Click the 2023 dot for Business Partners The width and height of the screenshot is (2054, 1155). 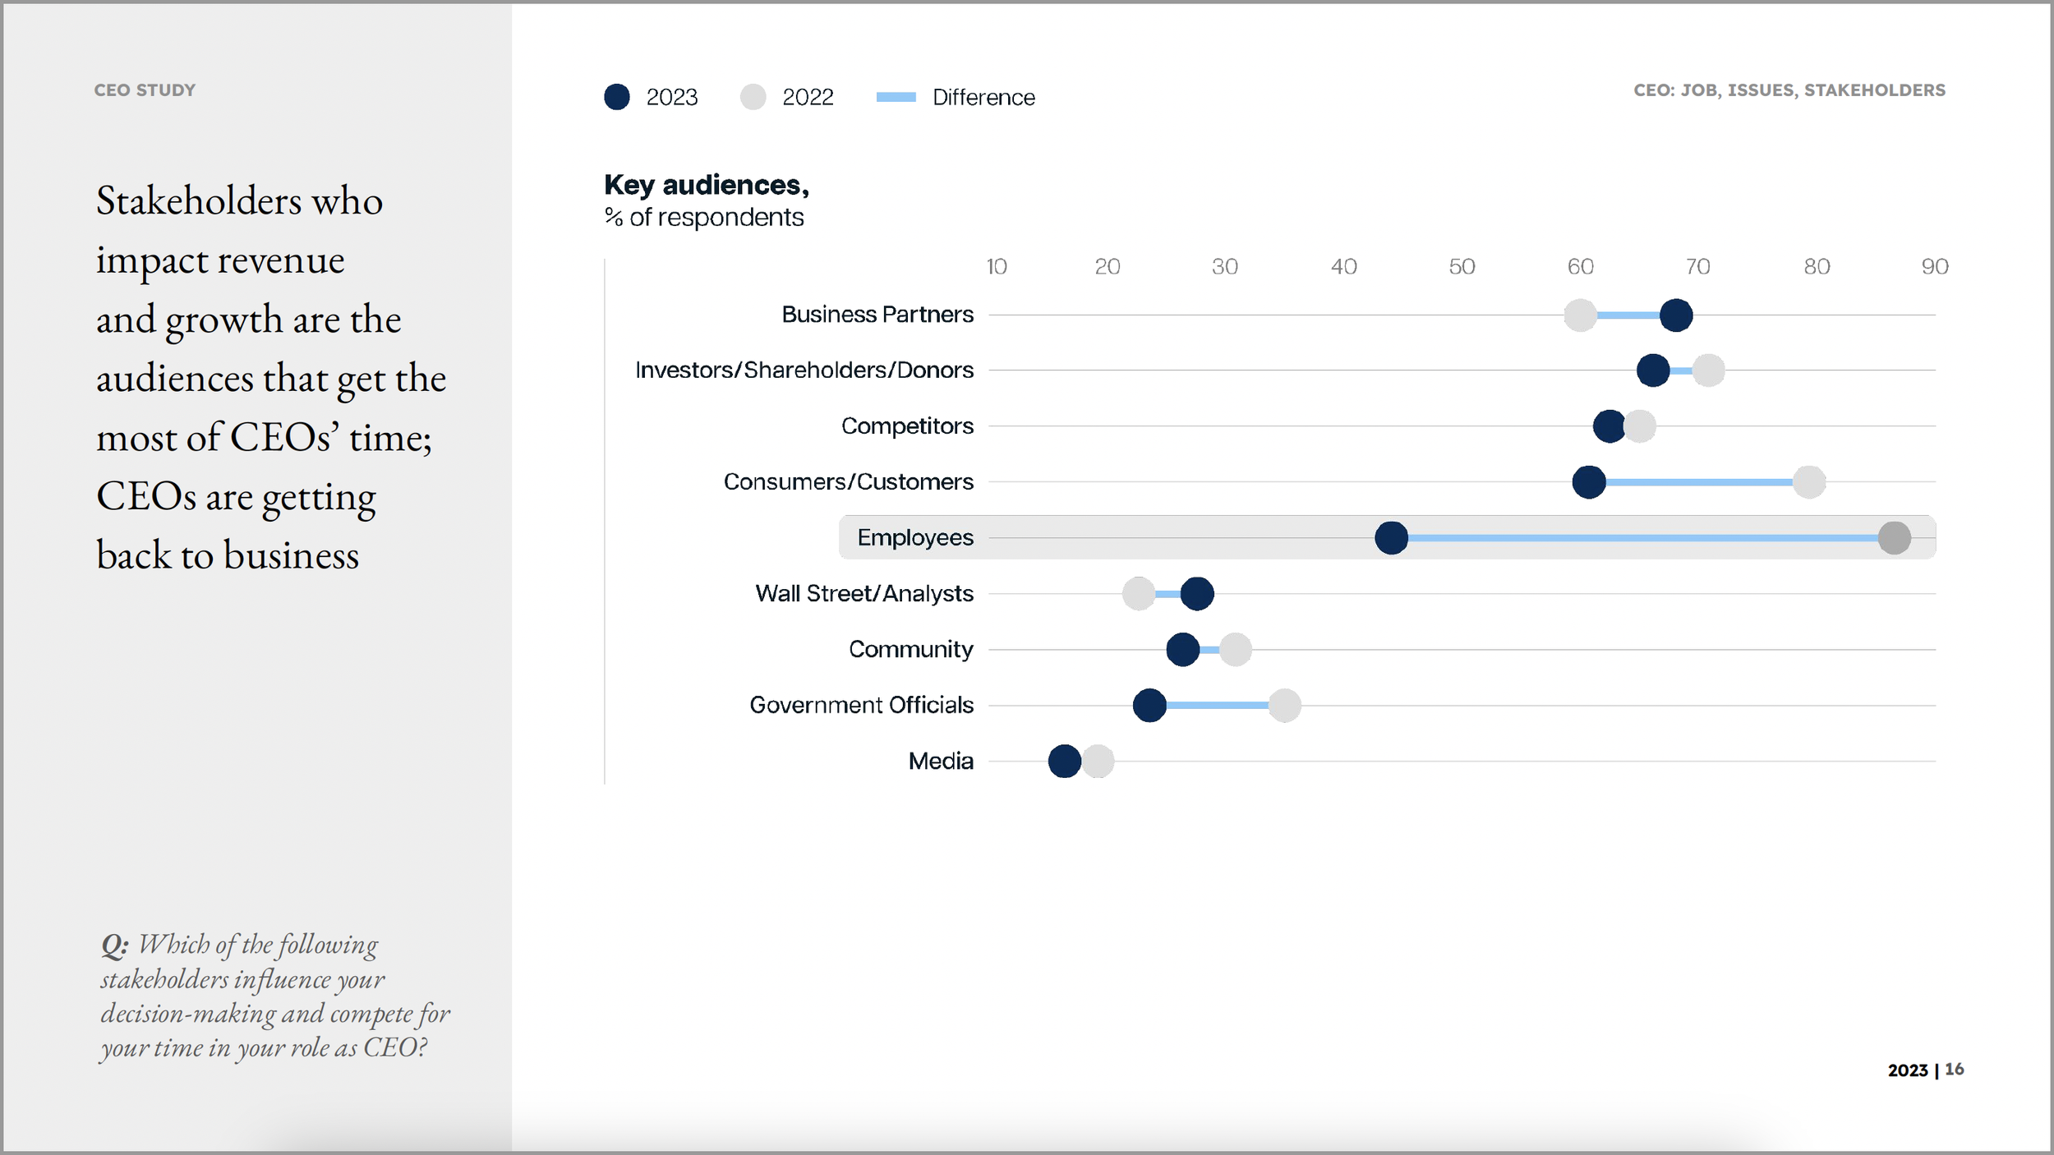click(1675, 315)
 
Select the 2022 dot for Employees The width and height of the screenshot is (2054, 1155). click(1894, 538)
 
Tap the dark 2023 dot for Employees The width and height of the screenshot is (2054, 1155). click(1391, 538)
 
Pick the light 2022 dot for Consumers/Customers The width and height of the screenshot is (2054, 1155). click(1809, 482)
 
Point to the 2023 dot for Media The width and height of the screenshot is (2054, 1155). click(1064, 762)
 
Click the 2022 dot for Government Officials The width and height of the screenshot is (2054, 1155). click(1284, 706)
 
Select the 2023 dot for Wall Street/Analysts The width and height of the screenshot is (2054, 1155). click(1196, 594)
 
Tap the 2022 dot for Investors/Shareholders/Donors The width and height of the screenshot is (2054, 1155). click(1708, 370)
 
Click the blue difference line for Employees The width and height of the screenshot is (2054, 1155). click(1643, 538)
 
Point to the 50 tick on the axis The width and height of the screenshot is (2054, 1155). click(1462, 267)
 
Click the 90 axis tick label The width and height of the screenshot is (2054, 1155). click(1934, 267)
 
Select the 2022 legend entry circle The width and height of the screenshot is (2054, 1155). click(753, 97)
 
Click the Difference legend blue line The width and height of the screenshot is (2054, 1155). click(896, 97)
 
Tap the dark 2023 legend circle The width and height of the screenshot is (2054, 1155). click(616, 97)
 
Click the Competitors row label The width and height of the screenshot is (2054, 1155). click(906, 426)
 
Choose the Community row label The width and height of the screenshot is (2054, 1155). click(910, 650)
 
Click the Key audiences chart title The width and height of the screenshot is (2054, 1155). click(706, 186)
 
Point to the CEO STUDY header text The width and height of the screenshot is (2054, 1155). click(145, 90)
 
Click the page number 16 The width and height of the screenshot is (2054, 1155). click(1954, 1070)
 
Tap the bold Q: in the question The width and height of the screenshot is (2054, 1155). click(114, 946)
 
